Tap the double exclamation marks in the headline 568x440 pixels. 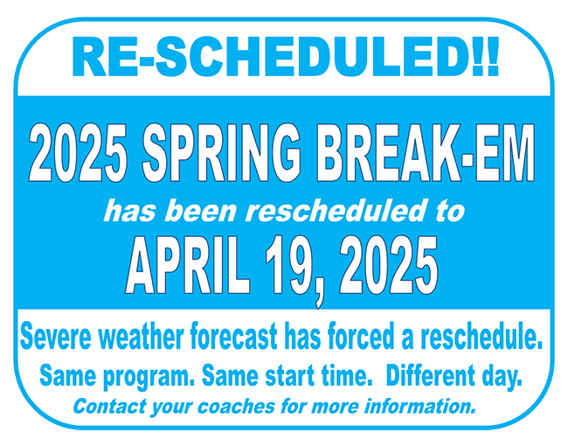click(486, 56)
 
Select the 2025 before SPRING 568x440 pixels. click(79, 153)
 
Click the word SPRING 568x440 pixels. click(222, 153)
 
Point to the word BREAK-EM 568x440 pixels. click(426, 153)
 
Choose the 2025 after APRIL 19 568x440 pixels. click(389, 265)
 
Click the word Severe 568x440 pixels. click(55, 336)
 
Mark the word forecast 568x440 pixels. click(233, 336)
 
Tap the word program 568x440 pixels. click(146, 377)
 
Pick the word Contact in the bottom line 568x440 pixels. click(110, 406)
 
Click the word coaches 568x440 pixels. click(236, 406)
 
